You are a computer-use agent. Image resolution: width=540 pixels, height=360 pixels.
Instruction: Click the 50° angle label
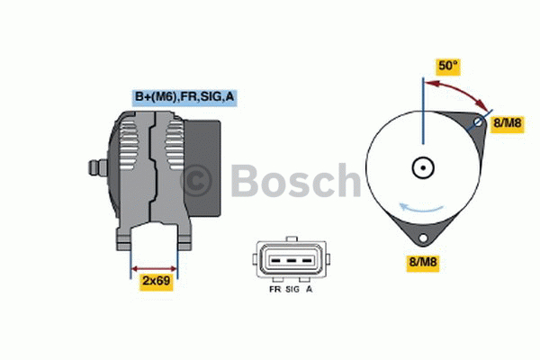(448, 66)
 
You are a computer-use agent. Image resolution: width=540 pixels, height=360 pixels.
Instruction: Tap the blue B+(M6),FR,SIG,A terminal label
(185, 97)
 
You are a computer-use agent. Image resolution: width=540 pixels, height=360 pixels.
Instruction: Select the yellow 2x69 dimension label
(157, 282)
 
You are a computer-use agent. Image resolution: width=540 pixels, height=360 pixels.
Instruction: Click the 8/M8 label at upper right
(505, 122)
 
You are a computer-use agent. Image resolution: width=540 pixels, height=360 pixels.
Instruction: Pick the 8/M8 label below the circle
(424, 263)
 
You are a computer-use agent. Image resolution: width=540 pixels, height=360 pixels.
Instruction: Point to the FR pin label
(274, 290)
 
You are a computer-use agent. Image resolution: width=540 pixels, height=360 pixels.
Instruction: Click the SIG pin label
(292, 290)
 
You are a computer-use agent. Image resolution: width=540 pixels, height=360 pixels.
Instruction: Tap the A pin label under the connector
(309, 290)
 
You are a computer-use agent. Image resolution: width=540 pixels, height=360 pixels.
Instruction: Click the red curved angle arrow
(459, 90)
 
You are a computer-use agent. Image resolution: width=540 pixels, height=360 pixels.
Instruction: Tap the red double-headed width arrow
(155, 267)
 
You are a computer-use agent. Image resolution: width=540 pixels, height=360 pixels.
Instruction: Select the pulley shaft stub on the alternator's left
(94, 167)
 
